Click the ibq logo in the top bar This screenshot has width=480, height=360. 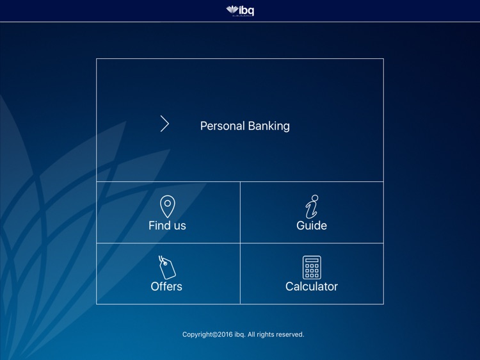point(240,10)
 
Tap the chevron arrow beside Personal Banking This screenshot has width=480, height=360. point(164,124)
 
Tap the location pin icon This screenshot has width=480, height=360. point(167,206)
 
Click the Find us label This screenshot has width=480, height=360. point(167,225)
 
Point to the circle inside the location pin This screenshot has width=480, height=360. point(167,203)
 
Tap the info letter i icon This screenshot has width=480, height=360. point(312,207)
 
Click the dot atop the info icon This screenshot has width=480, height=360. point(314,198)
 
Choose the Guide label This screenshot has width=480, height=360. point(312,225)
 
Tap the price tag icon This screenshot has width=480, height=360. point(167,267)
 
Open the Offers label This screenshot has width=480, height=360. point(166,286)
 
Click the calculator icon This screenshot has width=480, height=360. point(312,267)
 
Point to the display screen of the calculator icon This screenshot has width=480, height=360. point(312,261)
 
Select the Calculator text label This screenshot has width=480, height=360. point(312,286)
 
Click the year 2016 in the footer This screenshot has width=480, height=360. point(225,334)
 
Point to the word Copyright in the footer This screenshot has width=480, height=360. point(197,334)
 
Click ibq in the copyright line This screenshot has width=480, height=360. point(239,334)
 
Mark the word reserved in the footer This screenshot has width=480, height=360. point(289,334)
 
